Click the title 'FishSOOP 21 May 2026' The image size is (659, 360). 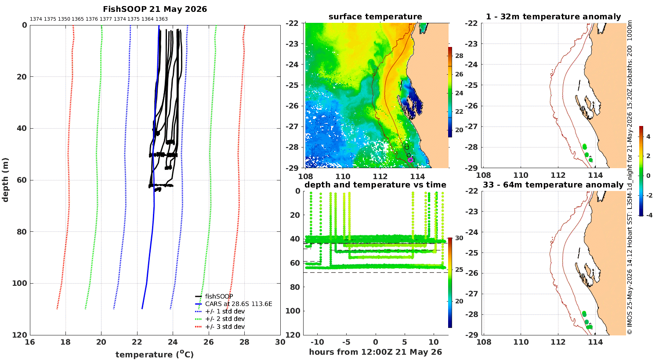coord(155,9)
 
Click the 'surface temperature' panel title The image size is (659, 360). coord(375,17)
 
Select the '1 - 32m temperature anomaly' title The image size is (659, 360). coord(554,17)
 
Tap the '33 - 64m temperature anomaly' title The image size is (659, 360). coord(553,185)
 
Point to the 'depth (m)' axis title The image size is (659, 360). coord(5,180)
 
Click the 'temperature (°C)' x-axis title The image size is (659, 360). coord(155,354)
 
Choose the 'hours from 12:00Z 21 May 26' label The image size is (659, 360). coord(375,352)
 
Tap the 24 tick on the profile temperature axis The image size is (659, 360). coord(173,342)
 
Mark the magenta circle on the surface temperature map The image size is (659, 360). coord(410,160)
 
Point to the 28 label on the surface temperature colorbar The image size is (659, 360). coord(459,56)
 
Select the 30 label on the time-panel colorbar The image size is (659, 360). coord(459,238)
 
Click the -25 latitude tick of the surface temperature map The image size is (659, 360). coord(292,85)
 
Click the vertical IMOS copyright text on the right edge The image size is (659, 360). coord(629,177)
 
